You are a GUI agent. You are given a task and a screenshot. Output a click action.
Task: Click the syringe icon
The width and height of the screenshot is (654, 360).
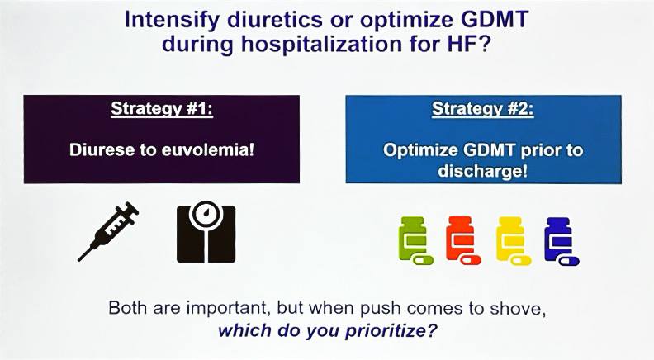coord(109,231)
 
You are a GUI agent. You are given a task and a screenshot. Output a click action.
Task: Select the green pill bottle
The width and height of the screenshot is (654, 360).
coord(415,241)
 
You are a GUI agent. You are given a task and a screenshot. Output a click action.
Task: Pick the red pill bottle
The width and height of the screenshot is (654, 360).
coord(462,240)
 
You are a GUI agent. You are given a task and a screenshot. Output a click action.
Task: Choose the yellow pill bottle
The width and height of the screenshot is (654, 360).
coord(512,241)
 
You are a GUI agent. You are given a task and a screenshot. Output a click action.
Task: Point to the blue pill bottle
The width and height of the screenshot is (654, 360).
coord(561,241)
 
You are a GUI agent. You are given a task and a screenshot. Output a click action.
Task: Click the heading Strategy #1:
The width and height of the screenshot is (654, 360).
coord(162,109)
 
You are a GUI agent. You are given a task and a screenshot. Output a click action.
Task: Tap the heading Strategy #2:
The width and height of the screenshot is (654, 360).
coord(483,109)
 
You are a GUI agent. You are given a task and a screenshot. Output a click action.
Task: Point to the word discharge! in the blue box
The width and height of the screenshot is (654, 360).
coord(482,171)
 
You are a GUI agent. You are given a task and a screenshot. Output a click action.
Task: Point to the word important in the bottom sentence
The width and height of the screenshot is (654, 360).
coord(225,308)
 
